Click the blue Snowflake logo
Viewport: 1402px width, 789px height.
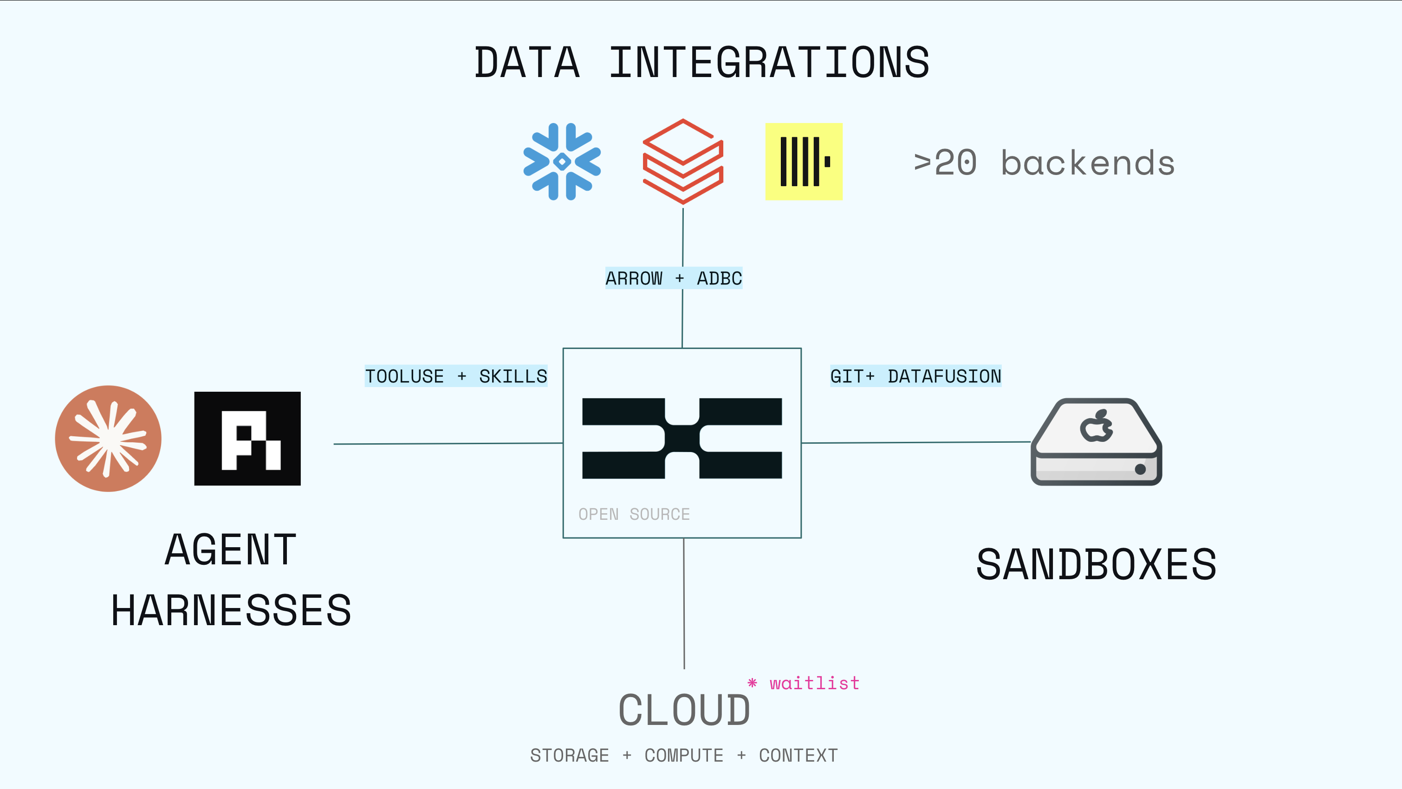coord(562,162)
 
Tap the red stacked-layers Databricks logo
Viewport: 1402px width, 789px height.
coord(682,162)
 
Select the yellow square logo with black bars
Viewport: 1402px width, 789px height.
coord(803,162)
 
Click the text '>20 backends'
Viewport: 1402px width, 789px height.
coord(1044,163)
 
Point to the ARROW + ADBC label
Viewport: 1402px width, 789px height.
coord(673,278)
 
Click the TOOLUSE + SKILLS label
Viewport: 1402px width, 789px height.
coord(455,376)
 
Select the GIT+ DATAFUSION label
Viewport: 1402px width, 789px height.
coord(915,376)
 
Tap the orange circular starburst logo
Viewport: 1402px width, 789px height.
coord(108,439)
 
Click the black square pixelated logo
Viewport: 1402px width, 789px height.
coord(247,439)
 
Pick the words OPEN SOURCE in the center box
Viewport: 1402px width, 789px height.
coord(634,514)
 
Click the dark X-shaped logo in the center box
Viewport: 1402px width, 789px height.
coord(682,439)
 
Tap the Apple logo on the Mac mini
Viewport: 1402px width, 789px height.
coord(1096,427)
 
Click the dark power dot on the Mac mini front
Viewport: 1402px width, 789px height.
coord(1140,469)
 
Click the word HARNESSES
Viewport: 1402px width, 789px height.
coord(231,610)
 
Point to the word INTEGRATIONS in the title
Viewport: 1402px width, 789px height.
coord(768,63)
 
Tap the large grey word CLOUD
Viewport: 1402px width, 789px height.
coord(684,710)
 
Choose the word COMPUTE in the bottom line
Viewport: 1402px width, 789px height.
coord(683,755)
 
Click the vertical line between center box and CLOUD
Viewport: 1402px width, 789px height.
coord(683,604)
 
